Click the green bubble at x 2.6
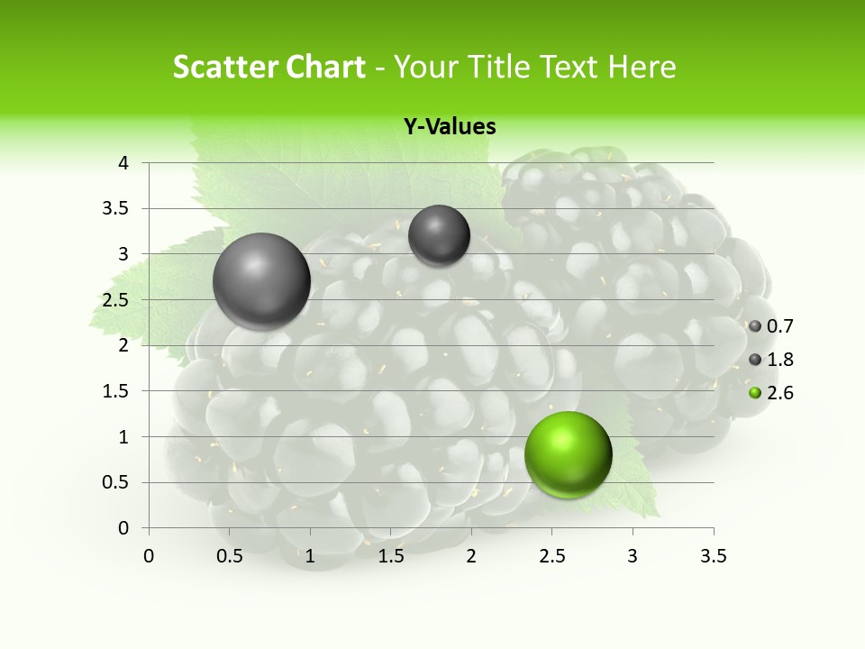tap(568, 454)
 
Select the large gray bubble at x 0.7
tap(261, 281)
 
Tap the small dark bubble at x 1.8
tap(439, 235)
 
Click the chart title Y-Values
tap(449, 127)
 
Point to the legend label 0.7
tap(779, 326)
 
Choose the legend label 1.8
tap(779, 360)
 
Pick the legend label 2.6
tap(779, 393)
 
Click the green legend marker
tap(755, 393)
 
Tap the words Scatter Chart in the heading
tap(269, 67)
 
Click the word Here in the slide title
tap(642, 67)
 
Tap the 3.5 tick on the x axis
tap(713, 556)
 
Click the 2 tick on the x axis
tap(471, 556)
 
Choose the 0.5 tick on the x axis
tap(230, 556)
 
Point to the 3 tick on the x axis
tap(633, 556)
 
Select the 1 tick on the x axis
tap(310, 556)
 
